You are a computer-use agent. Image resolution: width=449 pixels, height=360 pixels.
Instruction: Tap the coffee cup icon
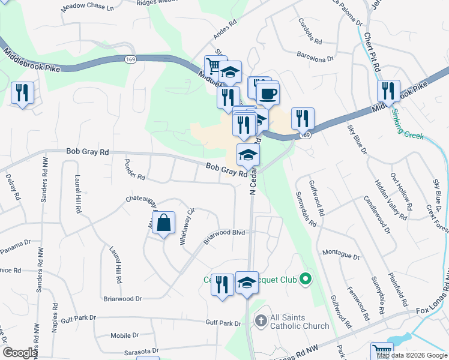click(268, 93)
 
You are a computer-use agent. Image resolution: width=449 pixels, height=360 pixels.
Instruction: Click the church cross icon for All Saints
click(261, 320)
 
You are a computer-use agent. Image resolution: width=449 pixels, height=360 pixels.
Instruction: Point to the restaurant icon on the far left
click(22, 92)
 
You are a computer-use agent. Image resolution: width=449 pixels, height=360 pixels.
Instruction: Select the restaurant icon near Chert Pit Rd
click(388, 91)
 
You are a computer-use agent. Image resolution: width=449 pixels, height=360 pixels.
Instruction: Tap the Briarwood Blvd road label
click(224, 235)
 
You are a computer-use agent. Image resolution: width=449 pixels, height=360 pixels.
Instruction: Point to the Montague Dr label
click(340, 255)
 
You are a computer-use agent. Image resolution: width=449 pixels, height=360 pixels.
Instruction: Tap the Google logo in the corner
click(20, 353)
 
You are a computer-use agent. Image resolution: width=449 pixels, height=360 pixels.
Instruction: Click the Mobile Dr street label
click(125, 335)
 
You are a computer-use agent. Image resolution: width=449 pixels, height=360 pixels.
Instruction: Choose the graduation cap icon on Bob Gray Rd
click(247, 155)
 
